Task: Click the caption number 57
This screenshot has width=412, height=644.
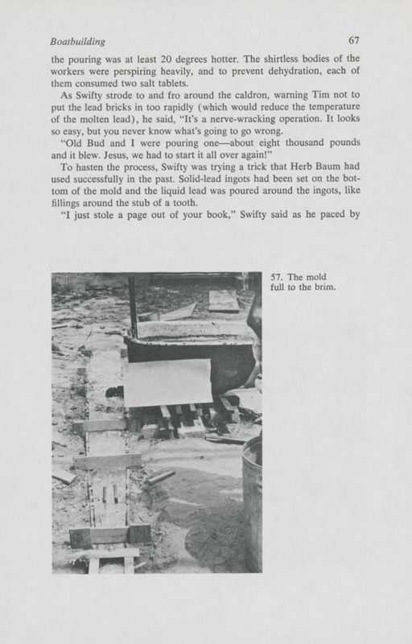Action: (278, 279)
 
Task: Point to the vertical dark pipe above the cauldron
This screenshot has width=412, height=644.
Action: (133, 307)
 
